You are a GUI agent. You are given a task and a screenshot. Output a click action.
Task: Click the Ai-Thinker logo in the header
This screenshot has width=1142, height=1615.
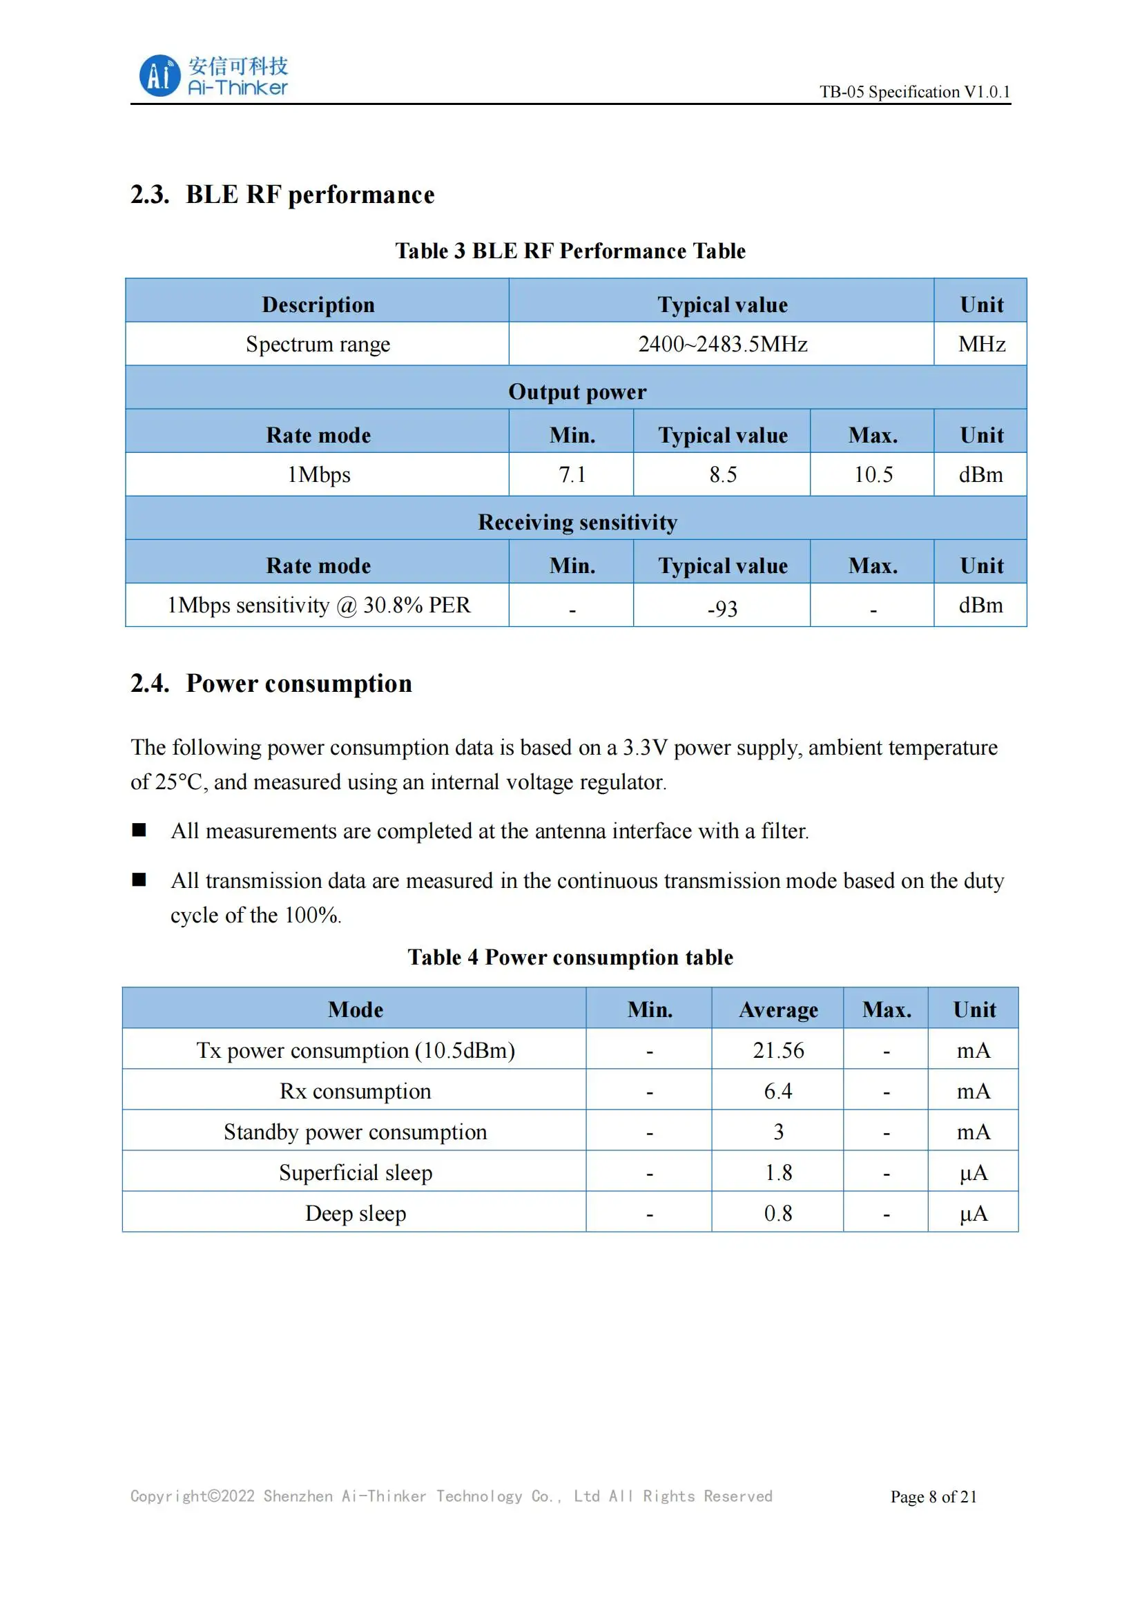[x=213, y=75]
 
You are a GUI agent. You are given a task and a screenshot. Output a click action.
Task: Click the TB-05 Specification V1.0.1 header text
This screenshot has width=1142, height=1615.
[x=914, y=92]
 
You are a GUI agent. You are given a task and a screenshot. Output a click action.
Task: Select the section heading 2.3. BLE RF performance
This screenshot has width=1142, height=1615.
[x=282, y=195]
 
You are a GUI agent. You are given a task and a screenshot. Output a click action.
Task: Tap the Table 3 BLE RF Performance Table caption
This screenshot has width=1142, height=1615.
[x=570, y=251]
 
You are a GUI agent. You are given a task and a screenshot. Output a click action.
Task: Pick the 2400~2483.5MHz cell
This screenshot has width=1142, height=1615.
[x=722, y=345]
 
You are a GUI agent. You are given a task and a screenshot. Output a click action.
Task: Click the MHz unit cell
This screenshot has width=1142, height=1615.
[x=981, y=345]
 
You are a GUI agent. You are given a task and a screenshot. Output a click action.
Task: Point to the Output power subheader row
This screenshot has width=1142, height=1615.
[x=577, y=391]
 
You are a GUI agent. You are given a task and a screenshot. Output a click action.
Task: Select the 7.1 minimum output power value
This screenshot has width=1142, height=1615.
[x=572, y=475]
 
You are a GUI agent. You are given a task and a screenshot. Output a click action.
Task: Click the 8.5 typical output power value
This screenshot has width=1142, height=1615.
[x=722, y=475]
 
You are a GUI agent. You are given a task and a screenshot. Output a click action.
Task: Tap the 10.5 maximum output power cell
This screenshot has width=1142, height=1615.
[x=873, y=475]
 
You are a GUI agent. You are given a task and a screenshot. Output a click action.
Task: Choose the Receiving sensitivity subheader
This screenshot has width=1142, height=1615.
[x=577, y=523]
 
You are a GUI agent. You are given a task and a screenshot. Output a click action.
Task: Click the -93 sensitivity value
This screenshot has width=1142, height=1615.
[x=722, y=608]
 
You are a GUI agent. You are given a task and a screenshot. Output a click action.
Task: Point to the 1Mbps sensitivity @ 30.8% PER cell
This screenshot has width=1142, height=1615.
[x=318, y=606]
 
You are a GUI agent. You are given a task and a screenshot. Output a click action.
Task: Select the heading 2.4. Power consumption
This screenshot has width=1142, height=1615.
[x=271, y=684]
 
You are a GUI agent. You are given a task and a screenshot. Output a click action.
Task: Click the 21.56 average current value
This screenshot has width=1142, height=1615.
[x=777, y=1051]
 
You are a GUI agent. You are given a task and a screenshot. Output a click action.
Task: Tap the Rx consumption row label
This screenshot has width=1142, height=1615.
[x=355, y=1092]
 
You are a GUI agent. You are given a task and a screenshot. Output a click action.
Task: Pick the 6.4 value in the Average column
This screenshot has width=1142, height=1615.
[x=777, y=1092]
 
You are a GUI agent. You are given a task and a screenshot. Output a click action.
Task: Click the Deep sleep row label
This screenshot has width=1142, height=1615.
[x=355, y=1214]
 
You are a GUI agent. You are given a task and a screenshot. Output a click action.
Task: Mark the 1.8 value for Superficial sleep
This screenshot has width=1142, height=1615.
[x=777, y=1173]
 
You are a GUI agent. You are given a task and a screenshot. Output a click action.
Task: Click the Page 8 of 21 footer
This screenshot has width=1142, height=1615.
[x=933, y=1497]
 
